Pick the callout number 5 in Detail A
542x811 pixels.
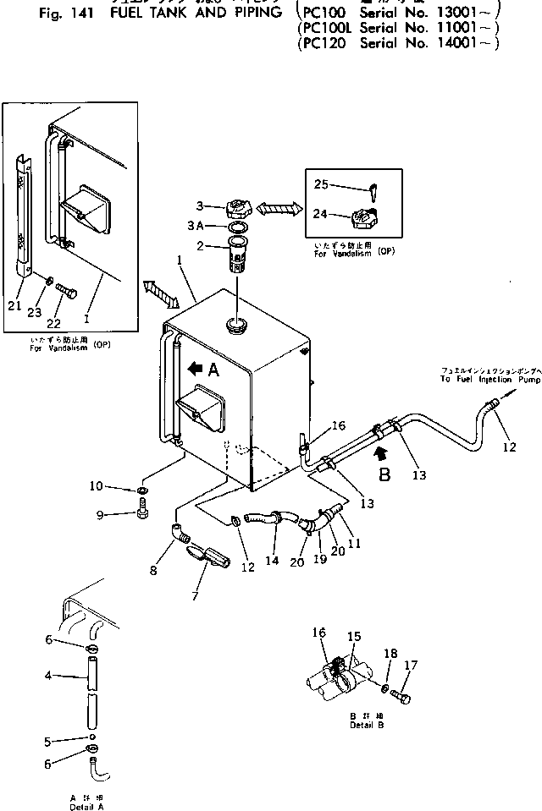pyautogui.click(x=48, y=742)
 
